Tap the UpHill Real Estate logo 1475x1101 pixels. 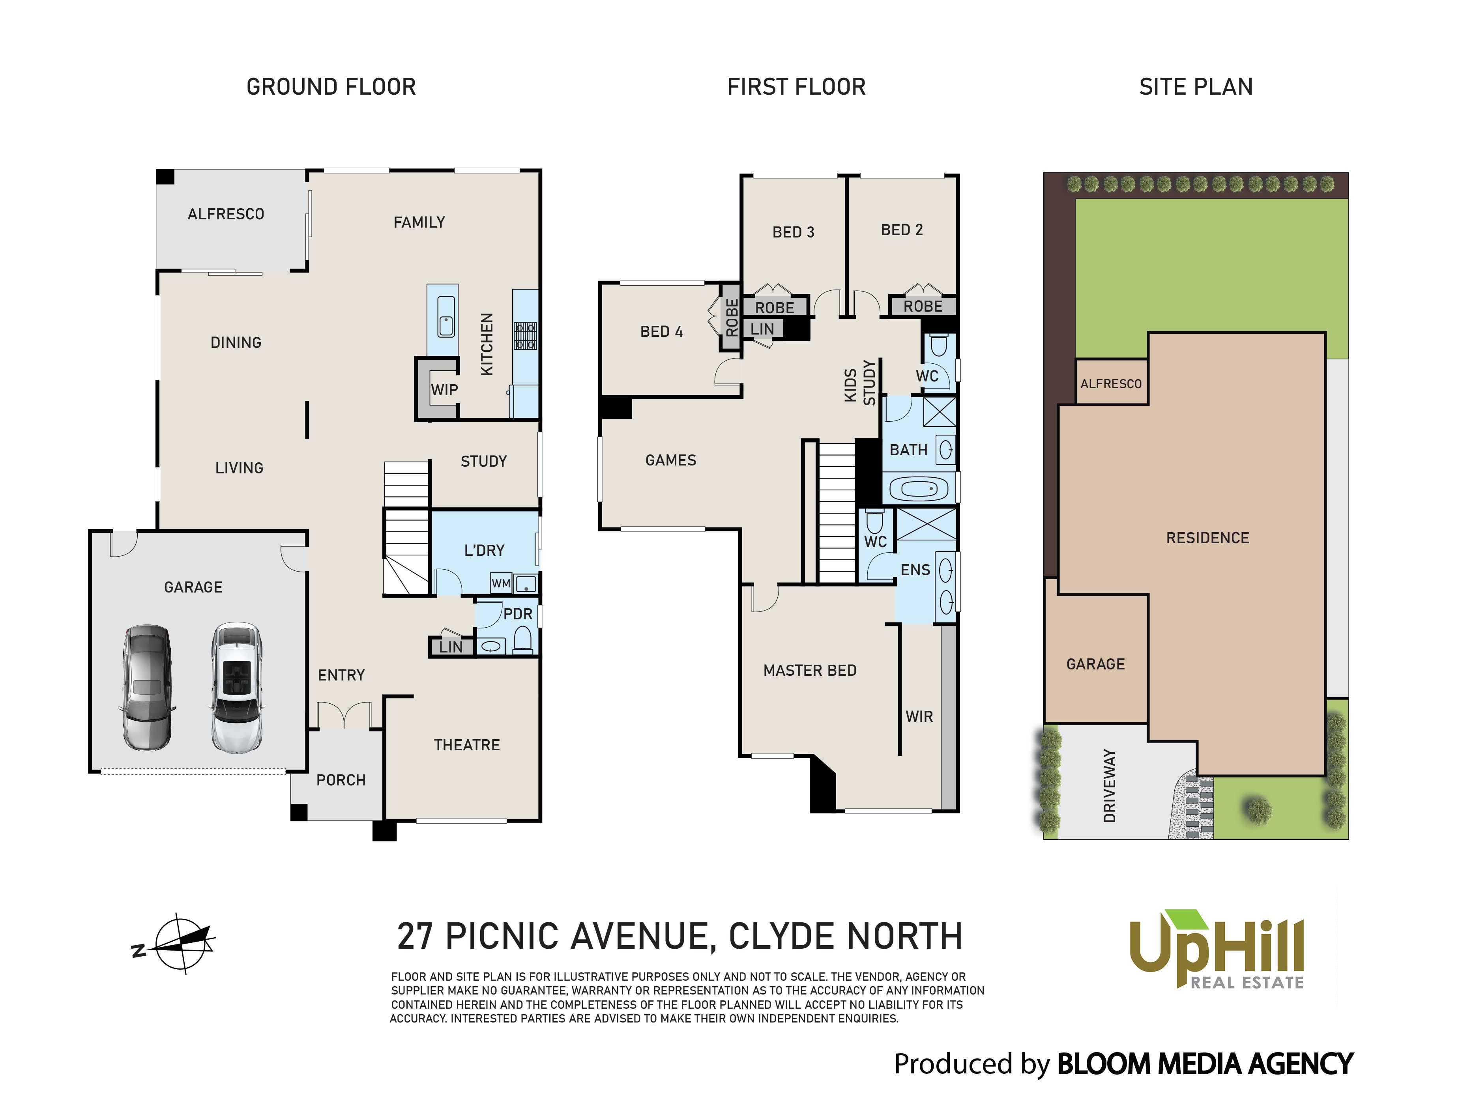[x=1217, y=949]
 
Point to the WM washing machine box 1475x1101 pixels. [x=501, y=583]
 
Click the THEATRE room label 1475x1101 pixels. [x=466, y=745]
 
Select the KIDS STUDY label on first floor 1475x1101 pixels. [x=860, y=383]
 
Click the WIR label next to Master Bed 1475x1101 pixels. [x=919, y=716]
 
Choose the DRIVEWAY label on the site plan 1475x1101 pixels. [x=1109, y=785]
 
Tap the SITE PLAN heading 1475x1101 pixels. [x=1196, y=87]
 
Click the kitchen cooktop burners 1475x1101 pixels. [x=525, y=336]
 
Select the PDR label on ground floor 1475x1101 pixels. [x=518, y=614]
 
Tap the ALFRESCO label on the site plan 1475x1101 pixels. [x=1111, y=384]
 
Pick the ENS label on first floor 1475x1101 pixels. [x=915, y=570]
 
